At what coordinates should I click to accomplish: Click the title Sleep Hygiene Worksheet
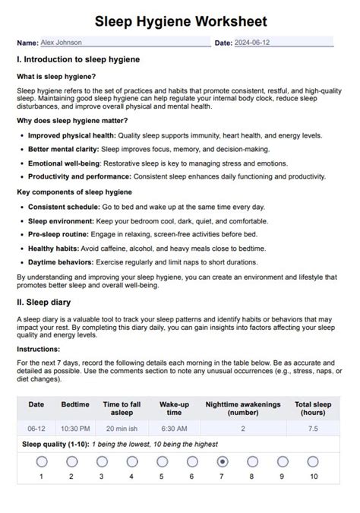tap(180, 21)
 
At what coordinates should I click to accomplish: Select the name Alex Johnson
tap(62, 43)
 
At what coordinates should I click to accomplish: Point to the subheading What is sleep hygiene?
tap(56, 76)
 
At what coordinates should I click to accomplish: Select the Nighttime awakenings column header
tap(242, 404)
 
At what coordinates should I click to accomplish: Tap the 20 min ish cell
tap(122, 429)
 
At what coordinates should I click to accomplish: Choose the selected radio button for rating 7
tap(222, 461)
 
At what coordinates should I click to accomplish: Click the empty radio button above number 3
tap(101, 461)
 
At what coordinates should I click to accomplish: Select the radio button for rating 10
tap(313, 461)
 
